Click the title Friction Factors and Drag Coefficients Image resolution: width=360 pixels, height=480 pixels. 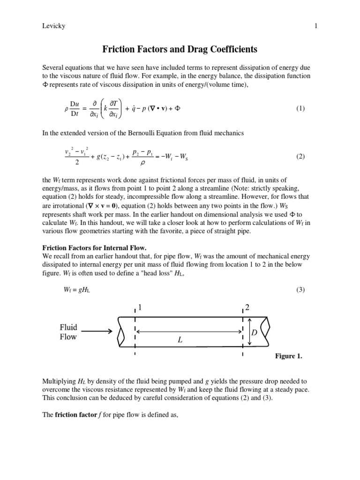point(180,49)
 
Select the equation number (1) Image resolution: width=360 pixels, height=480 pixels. point(300,108)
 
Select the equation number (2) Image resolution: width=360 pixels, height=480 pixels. point(300,157)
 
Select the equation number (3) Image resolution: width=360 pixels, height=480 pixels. point(300,290)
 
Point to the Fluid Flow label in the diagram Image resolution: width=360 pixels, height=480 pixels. point(68,331)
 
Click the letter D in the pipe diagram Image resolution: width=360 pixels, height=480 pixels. point(255,332)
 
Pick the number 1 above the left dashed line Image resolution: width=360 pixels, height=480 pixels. point(139,308)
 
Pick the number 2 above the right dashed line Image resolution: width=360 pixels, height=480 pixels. point(247,308)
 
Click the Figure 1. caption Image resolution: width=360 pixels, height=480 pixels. point(288,356)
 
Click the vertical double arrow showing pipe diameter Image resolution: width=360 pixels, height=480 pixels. point(249,331)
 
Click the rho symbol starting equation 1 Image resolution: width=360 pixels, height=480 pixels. point(66,109)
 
